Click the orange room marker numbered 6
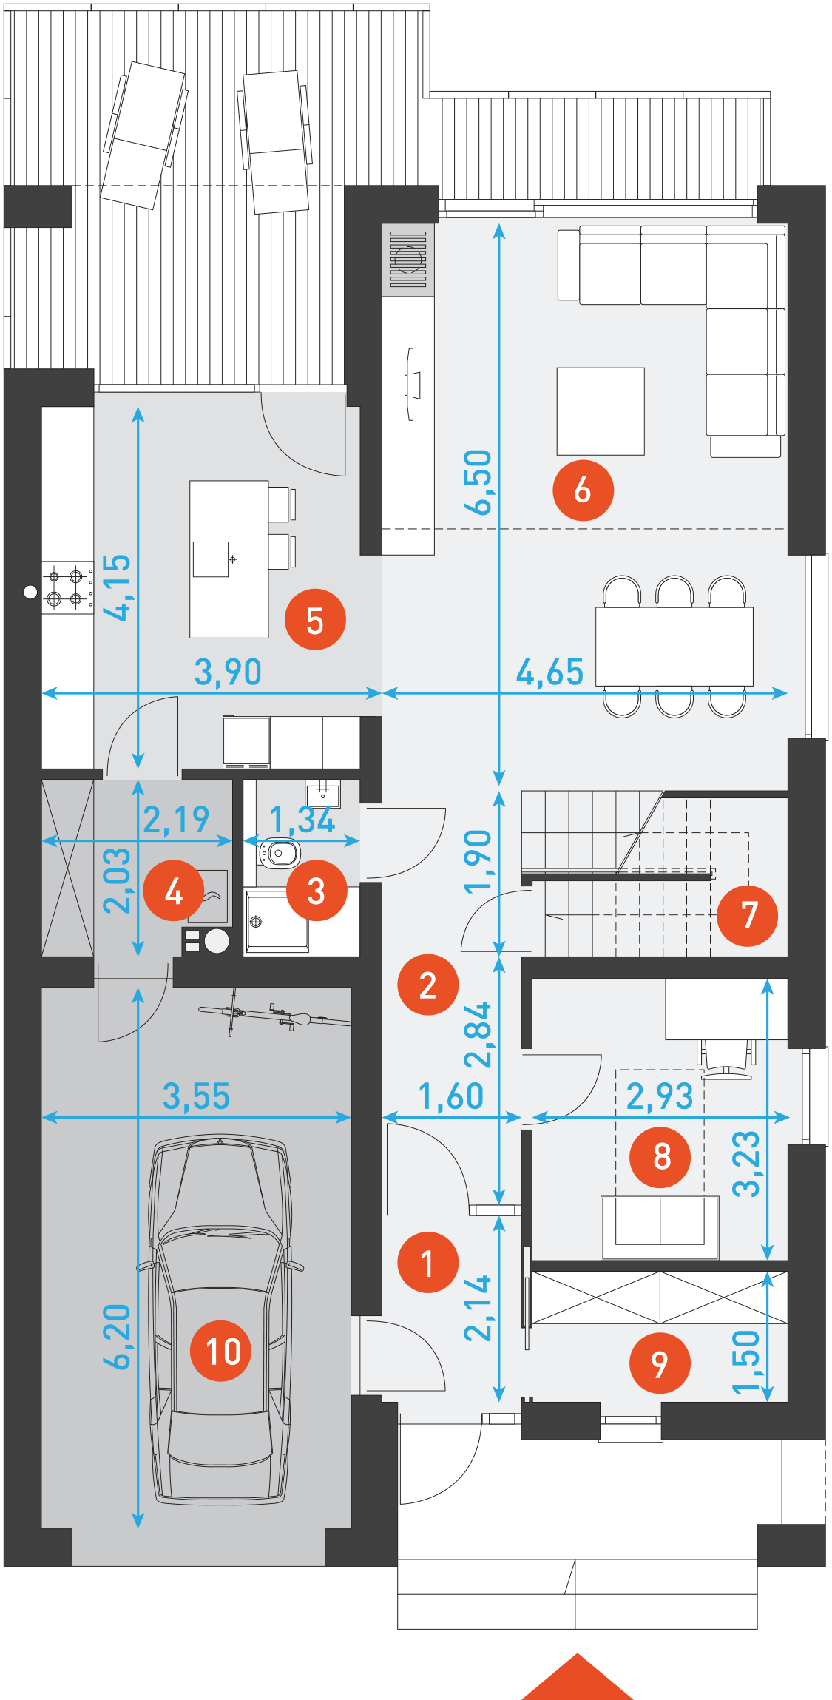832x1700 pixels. click(x=583, y=490)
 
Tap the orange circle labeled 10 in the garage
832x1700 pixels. click(x=220, y=1351)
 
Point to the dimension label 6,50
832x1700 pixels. click(x=478, y=482)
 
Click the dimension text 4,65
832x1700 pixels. click(x=549, y=672)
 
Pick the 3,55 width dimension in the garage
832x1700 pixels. click(x=196, y=1096)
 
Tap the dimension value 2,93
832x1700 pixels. click(x=660, y=1096)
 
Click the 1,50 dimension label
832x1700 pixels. click(x=745, y=1362)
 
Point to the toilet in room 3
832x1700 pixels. click(x=278, y=853)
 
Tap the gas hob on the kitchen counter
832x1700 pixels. click(x=67, y=587)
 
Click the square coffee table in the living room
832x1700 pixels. click(x=601, y=411)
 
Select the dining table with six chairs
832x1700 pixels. click(x=674, y=646)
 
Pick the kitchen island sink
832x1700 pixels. click(x=212, y=559)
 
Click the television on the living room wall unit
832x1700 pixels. click(x=411, y=385)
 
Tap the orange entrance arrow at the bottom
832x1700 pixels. click(x=577, y=1677)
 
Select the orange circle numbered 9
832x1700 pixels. click(x=660, y=1363)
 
